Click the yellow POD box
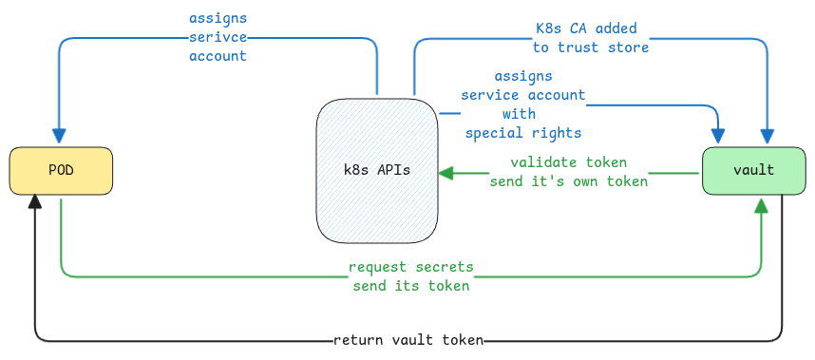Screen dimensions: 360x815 tap(61, 171)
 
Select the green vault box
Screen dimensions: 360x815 tap(753, 171)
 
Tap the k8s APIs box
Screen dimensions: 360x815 tap(377, 171)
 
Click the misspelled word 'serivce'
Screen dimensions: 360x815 tap(218, 38)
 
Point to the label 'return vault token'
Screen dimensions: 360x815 tap(408, 340)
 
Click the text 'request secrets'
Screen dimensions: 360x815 tap(410, 267)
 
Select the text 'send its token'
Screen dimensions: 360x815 tap(410, 285)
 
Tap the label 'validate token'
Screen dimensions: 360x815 tap(568, 162)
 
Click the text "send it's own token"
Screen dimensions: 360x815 tap(568, 180)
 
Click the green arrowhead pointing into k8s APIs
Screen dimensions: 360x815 tap(445, 173)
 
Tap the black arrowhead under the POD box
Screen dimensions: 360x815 tap(35, 200)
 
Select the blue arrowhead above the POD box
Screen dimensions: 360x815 tap(60, 141)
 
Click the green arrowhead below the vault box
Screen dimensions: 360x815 tap(761, 204)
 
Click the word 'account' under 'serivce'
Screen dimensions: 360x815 tap(218, 56)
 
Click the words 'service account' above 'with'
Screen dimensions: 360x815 tap(522, 95)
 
